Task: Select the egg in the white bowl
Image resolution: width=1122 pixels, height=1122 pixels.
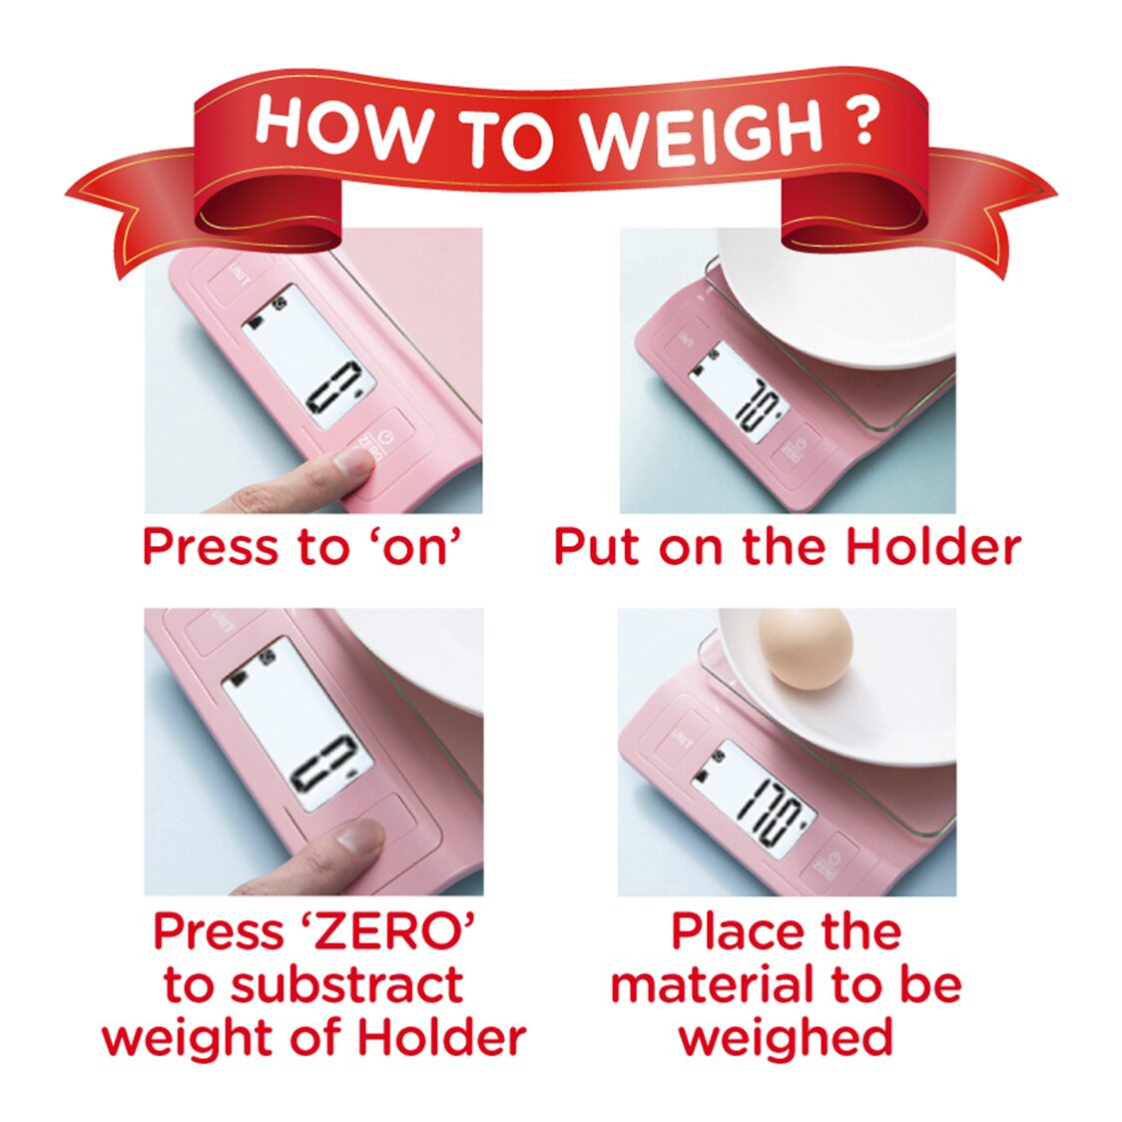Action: [x=806, y=649]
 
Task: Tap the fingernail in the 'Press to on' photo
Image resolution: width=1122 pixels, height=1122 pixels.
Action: [x=352, y=461]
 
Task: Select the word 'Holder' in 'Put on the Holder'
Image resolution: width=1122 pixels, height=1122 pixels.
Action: [x=933, y=547]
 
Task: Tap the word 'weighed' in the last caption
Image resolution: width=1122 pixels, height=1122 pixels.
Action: [x=786, y=1037]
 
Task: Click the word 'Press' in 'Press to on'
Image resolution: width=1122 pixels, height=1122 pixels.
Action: [x=206, y=547]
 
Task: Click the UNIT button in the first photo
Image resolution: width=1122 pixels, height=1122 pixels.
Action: [x=239, y=276]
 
